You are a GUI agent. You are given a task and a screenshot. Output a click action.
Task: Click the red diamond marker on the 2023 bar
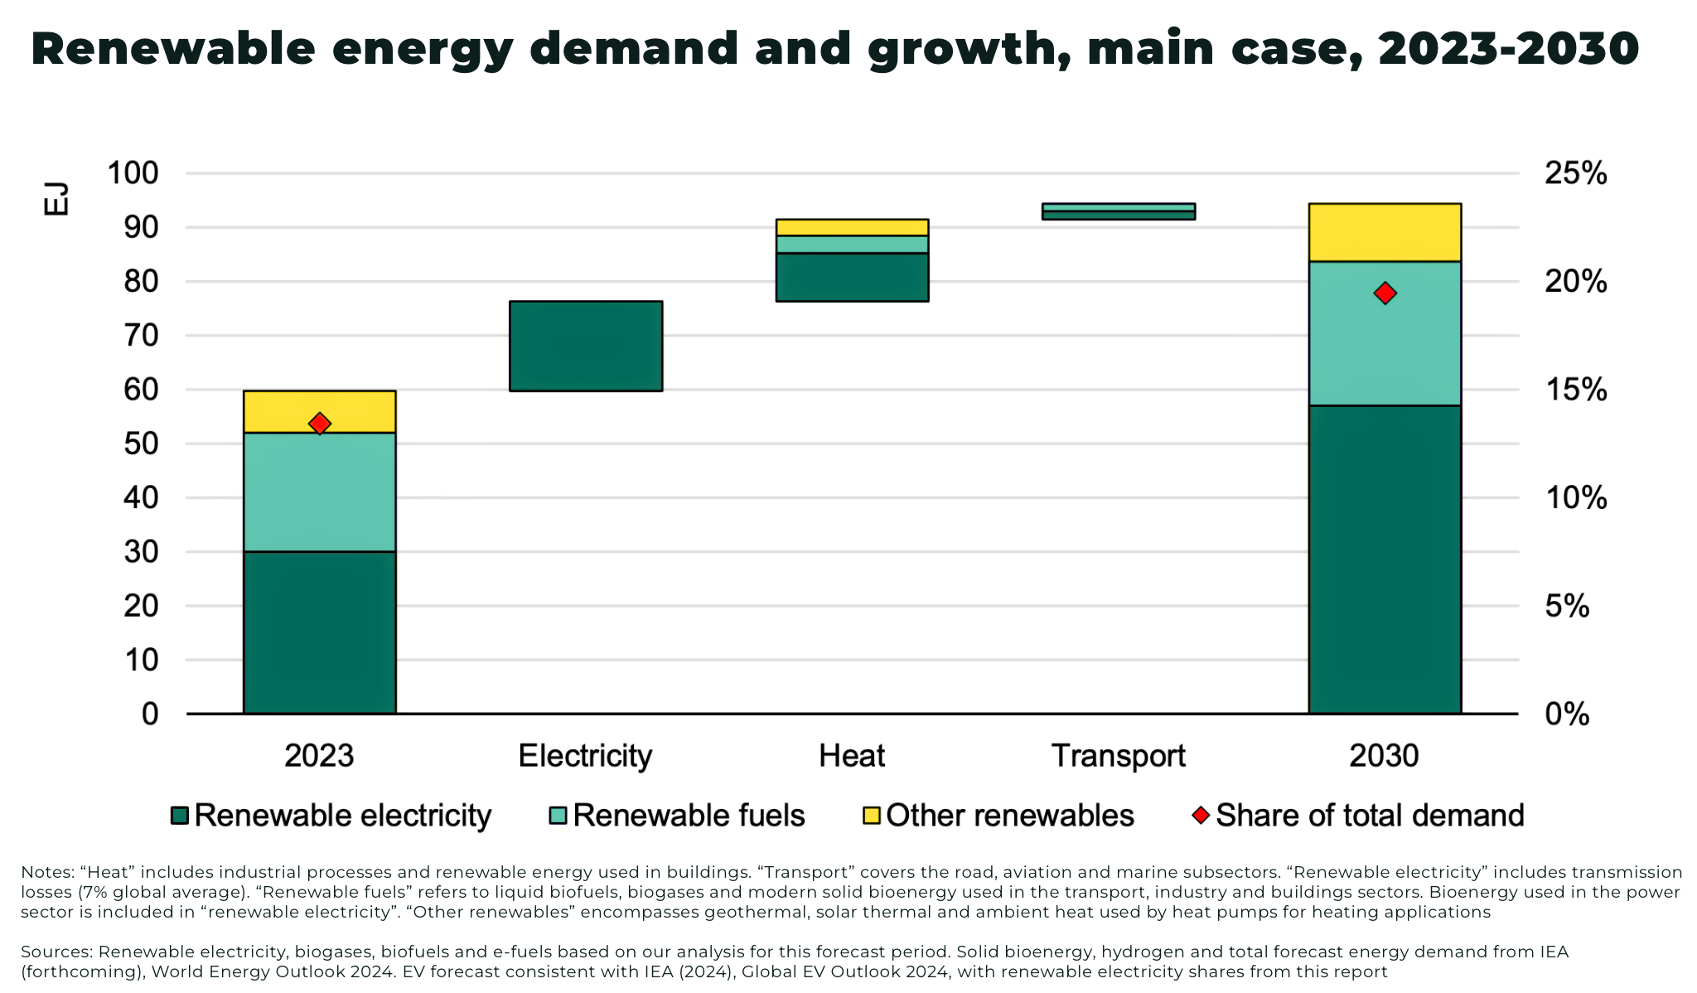(x=320, y=424)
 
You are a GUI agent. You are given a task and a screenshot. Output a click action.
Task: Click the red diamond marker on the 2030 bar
(x=1385, y=293)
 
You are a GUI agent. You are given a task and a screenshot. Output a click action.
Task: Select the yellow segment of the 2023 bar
(x=320, y=411)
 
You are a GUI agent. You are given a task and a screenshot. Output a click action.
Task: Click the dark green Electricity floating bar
(x=586, y=346)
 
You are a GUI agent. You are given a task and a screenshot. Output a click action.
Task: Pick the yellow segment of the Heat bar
(x=852, y=227)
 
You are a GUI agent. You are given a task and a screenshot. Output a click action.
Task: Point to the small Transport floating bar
(x=1118, y=211)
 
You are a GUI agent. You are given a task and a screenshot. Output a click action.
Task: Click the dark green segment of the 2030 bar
(x=1385, y=559)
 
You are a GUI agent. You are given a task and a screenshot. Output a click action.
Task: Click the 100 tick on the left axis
(x=133, y=173)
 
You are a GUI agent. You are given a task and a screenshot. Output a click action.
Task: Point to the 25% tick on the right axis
(x=1574, y=173)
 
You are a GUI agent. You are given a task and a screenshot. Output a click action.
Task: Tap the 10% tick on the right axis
(x=1574, y=498)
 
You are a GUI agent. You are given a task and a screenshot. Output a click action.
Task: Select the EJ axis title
(x=56, y=200)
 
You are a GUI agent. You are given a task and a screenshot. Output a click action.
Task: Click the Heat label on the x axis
(x=852, y=756)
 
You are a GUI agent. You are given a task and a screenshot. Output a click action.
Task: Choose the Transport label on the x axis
(x=1118, y=756)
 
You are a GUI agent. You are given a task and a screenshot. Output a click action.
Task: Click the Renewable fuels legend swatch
(x=558, y=816)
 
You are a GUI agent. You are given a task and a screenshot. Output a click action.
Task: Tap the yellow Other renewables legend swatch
(x=871, y=816)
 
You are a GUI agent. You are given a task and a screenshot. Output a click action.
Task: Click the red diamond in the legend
(x=1201, y=815)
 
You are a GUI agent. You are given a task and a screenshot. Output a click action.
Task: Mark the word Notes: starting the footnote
(x=47, y=872)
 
